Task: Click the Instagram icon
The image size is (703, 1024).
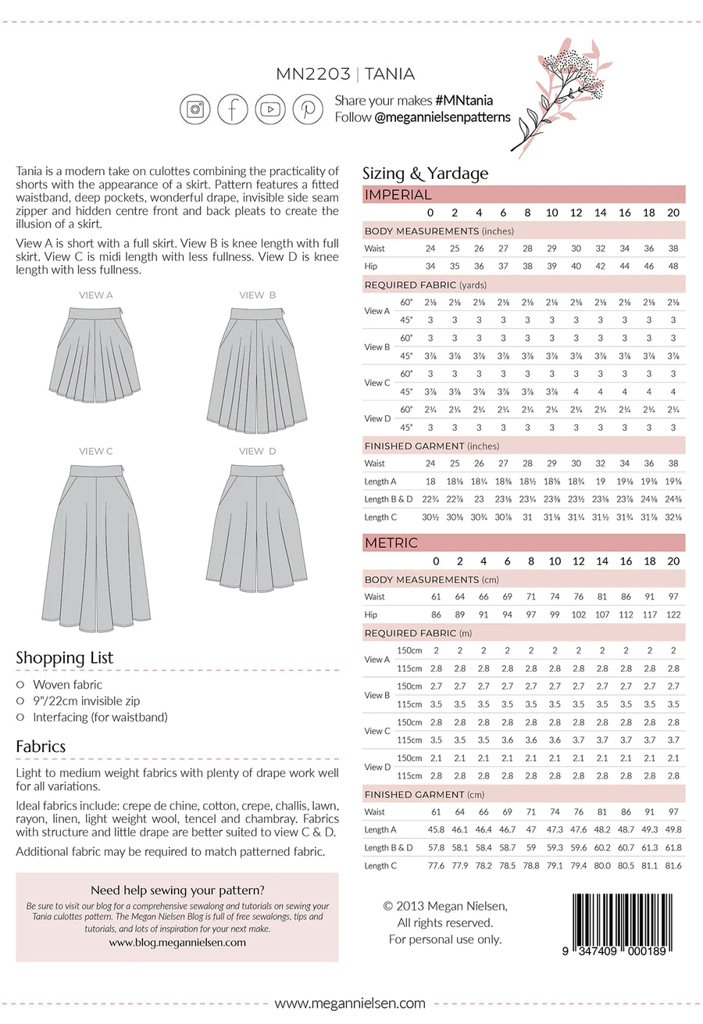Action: pyautogui.click(x=195, y=109)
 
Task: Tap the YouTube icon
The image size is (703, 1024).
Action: pyautogui.click(x=270, y=109)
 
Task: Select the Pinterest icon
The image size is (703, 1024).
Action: pyautogui.click(x=308, y=109)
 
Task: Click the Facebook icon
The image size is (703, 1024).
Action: pyautogui.click(x=233, y=109)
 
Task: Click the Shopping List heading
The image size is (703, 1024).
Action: pyautogui.click(x=64, y=658)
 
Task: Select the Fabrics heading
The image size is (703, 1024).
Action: pyautogui.click(x=41, y=747)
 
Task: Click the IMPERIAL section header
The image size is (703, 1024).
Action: pyautogui.click(x=398, y=195)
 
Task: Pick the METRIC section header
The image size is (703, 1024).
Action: pyautogui.click(x=391, y=542)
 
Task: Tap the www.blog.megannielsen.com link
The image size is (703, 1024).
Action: pyautogui.click(x=177, y=943)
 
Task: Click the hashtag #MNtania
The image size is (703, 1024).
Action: pyautogui.click(x=464, y=101)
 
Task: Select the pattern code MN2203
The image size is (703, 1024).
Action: pyautogui.click(x=312, y=75)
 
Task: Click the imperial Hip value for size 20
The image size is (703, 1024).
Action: pyautogui.click(x=673, y=266)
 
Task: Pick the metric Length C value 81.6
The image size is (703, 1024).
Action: pyautogui.click(x=673, y=865)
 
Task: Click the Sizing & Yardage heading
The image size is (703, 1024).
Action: pyautogui.click(x=425, y=174)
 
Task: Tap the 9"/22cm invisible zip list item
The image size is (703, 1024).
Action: pyautogui.click(x=87, y=701)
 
